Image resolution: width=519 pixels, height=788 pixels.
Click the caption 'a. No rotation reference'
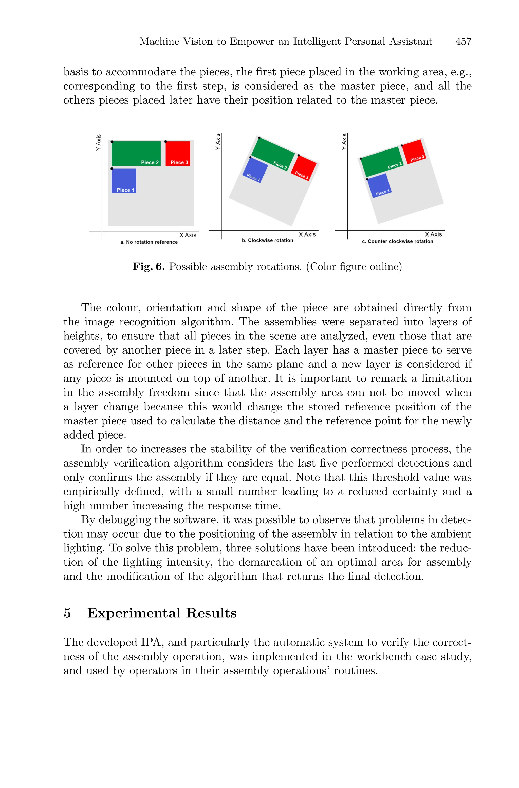pos(149,242)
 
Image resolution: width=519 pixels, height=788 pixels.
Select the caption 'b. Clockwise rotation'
pos(267,241)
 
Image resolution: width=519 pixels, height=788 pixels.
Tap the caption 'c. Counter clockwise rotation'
pos(397,242)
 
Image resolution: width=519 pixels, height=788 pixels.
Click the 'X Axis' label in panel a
pos(188,235)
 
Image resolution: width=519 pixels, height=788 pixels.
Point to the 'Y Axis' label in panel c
pos(344,142)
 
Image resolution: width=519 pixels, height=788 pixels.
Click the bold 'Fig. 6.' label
pos(149,267)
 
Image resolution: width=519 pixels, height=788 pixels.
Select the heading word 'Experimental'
pos(134,613)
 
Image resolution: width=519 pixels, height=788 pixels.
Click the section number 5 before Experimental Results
pos(67,613)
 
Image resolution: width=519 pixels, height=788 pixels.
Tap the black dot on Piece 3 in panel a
pos(166,142)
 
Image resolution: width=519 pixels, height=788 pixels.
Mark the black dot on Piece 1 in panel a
pos(112,169)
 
